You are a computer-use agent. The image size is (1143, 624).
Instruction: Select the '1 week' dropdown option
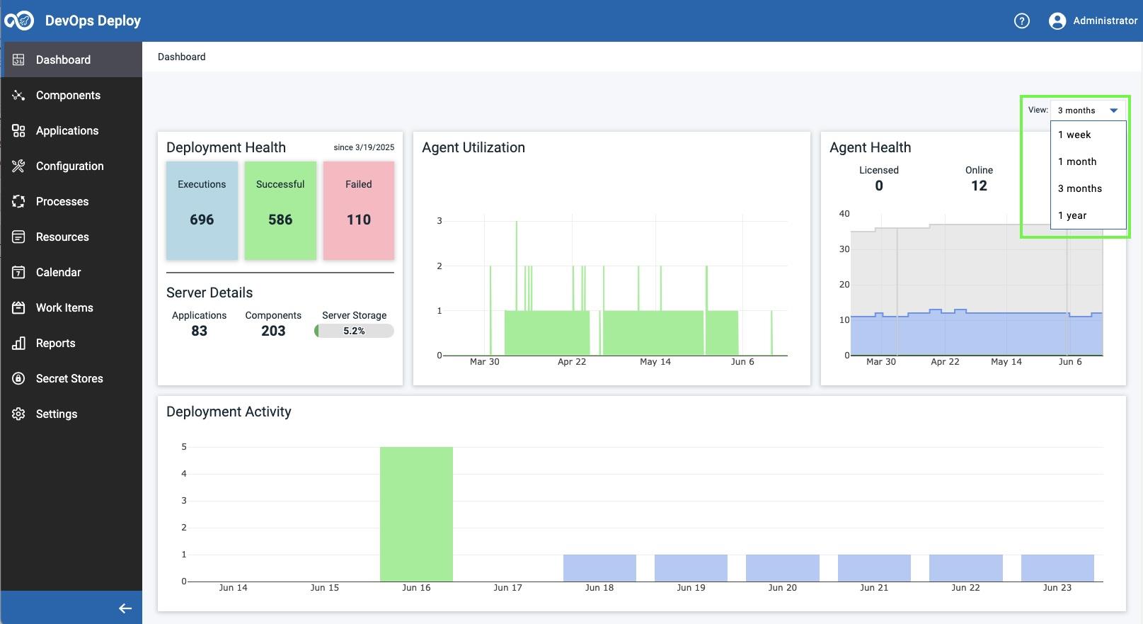pyautogui.click(x=1074, y=135)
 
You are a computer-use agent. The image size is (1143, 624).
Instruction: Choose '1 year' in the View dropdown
pyautogui.click(x=1072, y=215)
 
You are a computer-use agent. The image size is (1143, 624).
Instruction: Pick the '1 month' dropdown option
pyautogui.click(x=1077, y=161)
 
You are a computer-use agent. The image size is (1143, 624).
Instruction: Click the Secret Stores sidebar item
pyautogui.click(x=69, y=378)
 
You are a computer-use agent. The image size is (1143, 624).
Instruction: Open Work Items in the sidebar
pyautogui.click(x=64, y=307)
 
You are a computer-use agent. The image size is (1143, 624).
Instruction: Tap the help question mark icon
pyautogui.click(x=1021, y=21)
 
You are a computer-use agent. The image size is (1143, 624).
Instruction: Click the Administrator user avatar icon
pyautogui.click(x=1057, y=21)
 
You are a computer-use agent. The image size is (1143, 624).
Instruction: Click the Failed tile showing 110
pyautogui.click(x=358, y=210)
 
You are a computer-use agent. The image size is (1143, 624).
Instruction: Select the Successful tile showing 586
pyautogui.click(x=280, y=210)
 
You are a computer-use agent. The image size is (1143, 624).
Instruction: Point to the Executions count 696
pyautogui.click(x=202, y=220)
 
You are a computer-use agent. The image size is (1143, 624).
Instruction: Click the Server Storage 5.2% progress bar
pyautogui.click(x=354, y=331)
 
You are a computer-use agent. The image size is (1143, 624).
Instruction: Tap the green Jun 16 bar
pyautogui.click(x=416, y=514)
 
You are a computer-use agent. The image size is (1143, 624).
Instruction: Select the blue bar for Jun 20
pyautogui.click(x=782, y=567)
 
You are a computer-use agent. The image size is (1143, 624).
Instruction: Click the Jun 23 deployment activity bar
pyautogui.click(x=1057, y=567)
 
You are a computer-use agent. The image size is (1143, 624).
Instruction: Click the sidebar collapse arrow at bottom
pyautogui.click(x=125, y=608)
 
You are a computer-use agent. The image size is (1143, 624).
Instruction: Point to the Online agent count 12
pyautogui.click(x=979, y=186)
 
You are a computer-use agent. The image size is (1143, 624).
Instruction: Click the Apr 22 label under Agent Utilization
pyautogui.click(x=572, y=362)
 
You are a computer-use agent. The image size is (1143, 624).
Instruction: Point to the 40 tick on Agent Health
pyautogui.click(x=844, y=213)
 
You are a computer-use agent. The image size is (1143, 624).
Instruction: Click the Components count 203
pyautogui.click(x=273, y=331)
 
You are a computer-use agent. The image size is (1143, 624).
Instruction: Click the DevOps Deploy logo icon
pyautogui.click(x=19, y=21)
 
